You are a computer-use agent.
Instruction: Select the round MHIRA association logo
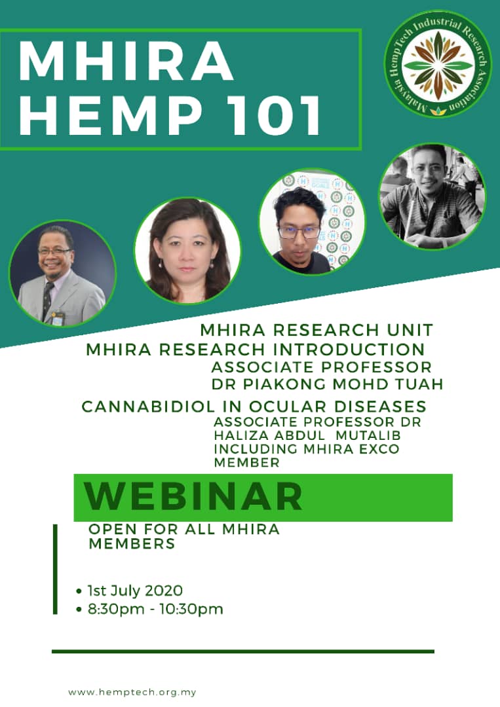tap(438, 64)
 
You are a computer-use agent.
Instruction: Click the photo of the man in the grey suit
tap(62, 274)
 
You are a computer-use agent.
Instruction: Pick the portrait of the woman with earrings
tap(187, 250)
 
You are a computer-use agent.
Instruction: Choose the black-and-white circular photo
tap(432, 196)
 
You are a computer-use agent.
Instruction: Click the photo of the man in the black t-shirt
tap(312, 222)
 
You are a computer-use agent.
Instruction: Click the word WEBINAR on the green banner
tap(193, 496)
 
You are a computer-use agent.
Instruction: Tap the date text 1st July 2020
tap(135, 590)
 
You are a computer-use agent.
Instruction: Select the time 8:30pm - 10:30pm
tap(155, 609)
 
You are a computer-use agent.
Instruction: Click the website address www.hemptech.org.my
tap(132, 692)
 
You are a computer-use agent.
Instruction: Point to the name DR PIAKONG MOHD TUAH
tap(328, 384)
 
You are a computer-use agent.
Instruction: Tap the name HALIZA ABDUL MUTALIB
tap(307, 435)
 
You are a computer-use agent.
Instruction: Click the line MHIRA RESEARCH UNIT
tap(317, 330)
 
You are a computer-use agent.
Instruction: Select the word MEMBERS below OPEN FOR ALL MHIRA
tap(132, 544)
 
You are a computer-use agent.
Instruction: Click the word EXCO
tap(378, 449)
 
